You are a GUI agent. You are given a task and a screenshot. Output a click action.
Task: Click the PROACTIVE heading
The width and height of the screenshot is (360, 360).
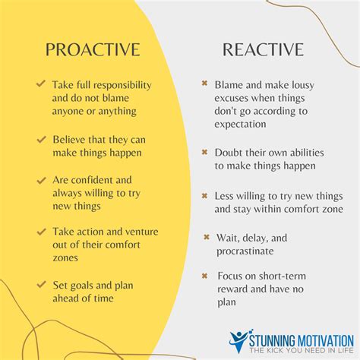pyautogui.click(x=93, y=50)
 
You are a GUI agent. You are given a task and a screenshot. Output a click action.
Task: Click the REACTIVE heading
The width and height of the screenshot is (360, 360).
pyautogui.click(x=263, y=50)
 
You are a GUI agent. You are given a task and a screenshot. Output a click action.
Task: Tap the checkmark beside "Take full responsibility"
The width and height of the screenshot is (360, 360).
pyautogui.click(x=40, y=84)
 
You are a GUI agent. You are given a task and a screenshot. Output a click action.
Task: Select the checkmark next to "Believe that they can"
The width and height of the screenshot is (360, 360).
pyautogui.click(x=40, y=139)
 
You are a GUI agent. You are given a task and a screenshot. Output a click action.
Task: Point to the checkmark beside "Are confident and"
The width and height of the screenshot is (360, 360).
pyautogui.click(x=40, y=180)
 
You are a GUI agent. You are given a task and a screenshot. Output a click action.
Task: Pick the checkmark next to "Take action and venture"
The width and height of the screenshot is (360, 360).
pyautogui.click(x=40, y=229)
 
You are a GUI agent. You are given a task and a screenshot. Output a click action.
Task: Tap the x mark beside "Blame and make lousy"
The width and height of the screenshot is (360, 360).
pyautogui.click(x=204, y=84)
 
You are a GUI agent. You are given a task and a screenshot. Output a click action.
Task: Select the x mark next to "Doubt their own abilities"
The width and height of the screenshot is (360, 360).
pyautogui.click(x=204, y=152)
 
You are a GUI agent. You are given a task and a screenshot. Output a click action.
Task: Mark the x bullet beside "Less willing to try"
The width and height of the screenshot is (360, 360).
pyautogui.click(x=204, y=194)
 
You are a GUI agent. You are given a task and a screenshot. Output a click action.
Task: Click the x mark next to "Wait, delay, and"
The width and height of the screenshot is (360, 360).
pyautogui.click(x=207, y=237)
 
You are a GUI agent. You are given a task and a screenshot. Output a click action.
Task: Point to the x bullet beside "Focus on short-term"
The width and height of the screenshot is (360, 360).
pyautogui.click(x=205, y=274)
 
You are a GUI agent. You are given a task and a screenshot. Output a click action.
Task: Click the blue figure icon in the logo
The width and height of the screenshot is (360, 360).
pyautogui.click(x=238, y=340)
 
